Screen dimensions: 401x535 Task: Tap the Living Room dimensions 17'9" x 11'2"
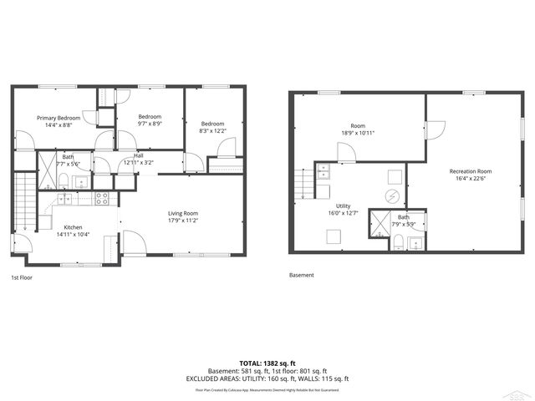(183, 221)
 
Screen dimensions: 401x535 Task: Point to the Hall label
(139, 156)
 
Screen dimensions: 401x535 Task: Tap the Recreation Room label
(471, 170)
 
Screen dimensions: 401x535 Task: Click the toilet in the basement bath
(399, 242)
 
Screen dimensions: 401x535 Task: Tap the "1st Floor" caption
(23, 277)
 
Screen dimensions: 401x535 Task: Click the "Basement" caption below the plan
(302, 273)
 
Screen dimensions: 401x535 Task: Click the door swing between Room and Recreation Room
(434, 129)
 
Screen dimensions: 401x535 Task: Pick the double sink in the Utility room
(324, 173)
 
